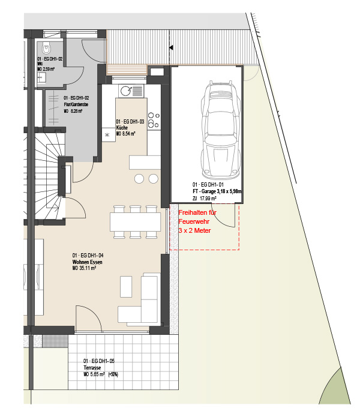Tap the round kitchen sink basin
click(125, 91)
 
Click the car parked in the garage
click(221, 130)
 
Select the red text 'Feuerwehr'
click(194, 221)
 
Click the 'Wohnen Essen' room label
click(88, 262)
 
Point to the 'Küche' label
click(122, 128)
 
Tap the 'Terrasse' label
click(92, 367)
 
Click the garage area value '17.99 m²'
click(208, 199)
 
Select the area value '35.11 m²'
click(88, 268)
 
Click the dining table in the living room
click(135, 222)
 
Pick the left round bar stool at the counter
click(139, 179)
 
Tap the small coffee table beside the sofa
click(126, 287)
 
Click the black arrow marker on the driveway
click(171, 47)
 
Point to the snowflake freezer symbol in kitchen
click(107, 135)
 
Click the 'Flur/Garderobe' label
click(76, 104)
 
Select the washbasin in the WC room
click(41, 78)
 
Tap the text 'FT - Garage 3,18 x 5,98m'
click(217, 191)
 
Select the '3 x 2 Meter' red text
click(195, 230)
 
